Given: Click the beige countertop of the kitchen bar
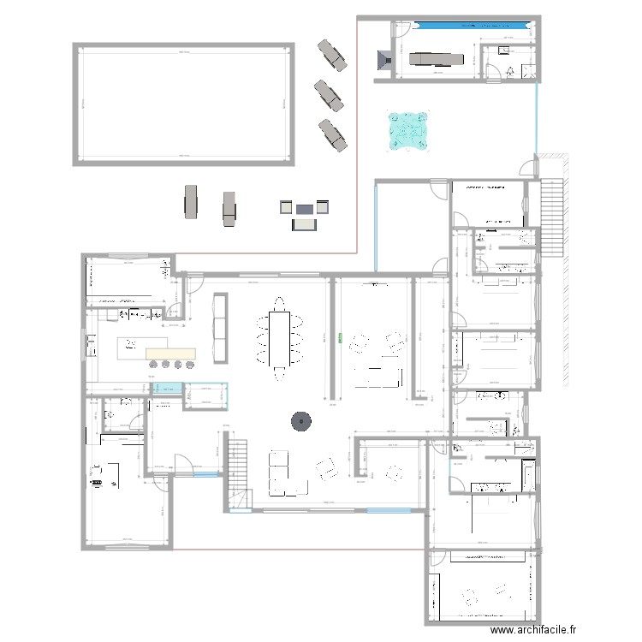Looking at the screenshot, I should (x=171, y=354).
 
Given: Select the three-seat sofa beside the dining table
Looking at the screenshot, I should (x=220, y=327).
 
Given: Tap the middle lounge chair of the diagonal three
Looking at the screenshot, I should (x=329, y=94).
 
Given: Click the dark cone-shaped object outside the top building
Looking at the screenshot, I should (x=383, y=59).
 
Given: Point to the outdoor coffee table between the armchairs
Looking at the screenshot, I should (x=306, y=208).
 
